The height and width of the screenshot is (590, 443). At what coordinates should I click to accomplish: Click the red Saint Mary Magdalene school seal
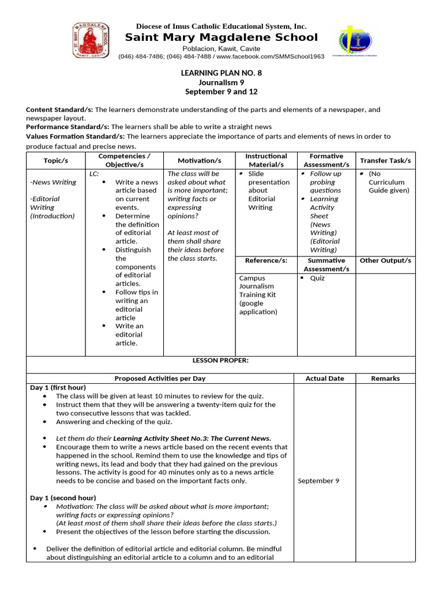pos(91,40)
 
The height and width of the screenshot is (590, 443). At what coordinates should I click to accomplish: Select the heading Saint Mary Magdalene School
pos(221,37)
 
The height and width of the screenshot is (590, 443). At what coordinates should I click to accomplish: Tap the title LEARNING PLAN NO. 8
pos(221,73)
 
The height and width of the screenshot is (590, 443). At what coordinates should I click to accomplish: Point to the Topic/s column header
pos(56,160)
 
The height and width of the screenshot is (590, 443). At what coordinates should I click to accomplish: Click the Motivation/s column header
pos(199,160)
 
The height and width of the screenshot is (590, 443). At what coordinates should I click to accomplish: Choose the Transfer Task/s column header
pos(385,160)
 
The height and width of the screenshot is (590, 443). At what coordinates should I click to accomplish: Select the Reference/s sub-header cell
pos(266,260)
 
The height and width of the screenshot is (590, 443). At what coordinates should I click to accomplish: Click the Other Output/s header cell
pos(385,260)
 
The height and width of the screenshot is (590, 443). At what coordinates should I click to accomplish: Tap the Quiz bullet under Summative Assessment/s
pos(317,278)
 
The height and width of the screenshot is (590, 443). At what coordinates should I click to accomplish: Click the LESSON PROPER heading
pos(221,360)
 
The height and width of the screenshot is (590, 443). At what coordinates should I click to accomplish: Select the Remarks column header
pos(385,379)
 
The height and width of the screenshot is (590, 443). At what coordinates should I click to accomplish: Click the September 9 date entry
pos(315,481)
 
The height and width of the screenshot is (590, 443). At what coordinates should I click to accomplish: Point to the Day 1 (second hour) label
pos(63,497)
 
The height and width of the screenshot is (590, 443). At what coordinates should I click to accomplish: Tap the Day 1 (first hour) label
pos(58,388)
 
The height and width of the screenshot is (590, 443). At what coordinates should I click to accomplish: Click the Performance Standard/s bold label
pos(67,126)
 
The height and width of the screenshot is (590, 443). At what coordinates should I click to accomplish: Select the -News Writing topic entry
pos(53,182)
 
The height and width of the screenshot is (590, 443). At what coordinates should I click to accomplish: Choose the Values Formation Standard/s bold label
pos(75,137)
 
